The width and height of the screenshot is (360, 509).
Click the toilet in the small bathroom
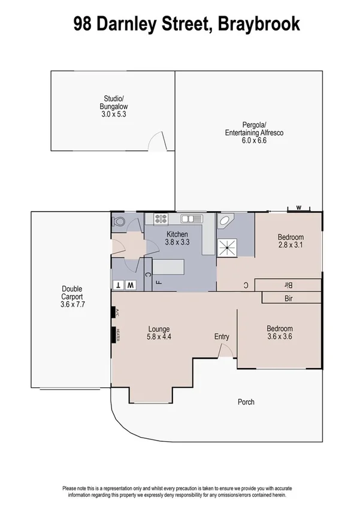click(119, 221)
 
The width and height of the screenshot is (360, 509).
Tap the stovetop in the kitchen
click(161, 219)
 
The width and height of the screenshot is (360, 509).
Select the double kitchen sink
click(189, 219)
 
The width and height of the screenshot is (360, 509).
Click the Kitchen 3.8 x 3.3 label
click(177, 239)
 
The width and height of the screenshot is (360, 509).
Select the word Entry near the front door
click(222, 337)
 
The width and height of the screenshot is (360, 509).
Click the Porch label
click(246, 402)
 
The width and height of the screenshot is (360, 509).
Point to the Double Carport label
click(71, 296)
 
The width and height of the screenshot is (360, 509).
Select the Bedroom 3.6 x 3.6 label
click(280, 333)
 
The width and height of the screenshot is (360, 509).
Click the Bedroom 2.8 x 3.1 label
click(291, 241)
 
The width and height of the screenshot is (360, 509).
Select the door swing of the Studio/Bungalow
click(156, 143)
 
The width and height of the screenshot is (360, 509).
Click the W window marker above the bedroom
click(298, 209)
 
